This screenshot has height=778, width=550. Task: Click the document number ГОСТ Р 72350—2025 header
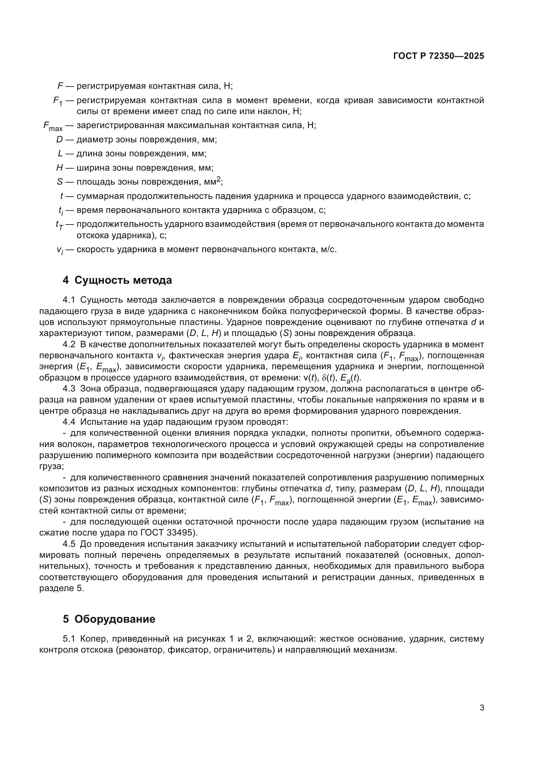pyautogui.click(x=439, y=56)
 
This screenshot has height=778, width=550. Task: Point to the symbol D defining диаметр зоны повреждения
pyautogui.click(x=60, y=140)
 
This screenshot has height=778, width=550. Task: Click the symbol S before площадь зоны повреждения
pyautogui.click(x=60, y=182)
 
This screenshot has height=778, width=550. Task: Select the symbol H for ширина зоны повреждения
pyautogui.click(x=60, y=168)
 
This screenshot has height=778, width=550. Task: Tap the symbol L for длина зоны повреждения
pyautogui.click(x=60, y=153)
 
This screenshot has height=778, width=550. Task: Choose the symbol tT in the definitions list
pyautogui.click(x=59, y=225)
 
